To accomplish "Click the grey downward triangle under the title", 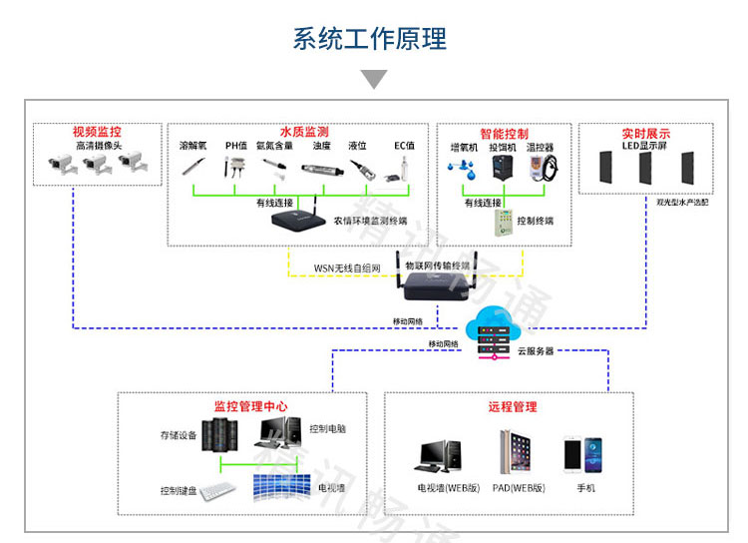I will pos(373,80).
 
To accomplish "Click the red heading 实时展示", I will pos(645,133).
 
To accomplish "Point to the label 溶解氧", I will pos(192,146).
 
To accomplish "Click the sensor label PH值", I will pos(235,146).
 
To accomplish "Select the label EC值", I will pos(404,146).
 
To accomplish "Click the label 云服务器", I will pos(536,351).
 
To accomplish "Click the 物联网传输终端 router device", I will pos(436,286).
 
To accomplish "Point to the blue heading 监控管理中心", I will pos(251,406).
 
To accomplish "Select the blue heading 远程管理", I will pos(513,406).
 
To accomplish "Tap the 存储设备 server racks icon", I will pos(219,435).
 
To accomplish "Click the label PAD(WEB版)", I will pos(518,488).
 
